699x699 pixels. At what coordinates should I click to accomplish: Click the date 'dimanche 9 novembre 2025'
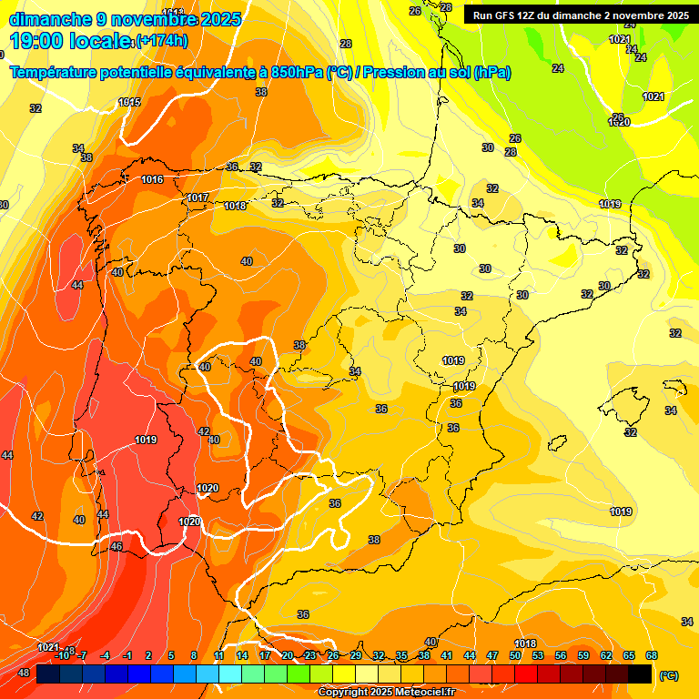(x=125, y=19)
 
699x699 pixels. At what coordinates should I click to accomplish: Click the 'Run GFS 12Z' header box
(x=580, y=15)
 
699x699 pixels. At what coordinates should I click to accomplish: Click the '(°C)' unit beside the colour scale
(x=668, y=675)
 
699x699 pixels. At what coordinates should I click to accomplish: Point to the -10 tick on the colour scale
(x=62, y=655)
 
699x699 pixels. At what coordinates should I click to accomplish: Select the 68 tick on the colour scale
(x=652, y=655)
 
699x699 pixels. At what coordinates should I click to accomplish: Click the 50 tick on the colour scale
(x=515, y=655)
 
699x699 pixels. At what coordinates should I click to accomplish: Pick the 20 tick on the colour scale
(x=288, y=655)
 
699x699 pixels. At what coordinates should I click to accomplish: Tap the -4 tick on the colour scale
(x=105, y=655)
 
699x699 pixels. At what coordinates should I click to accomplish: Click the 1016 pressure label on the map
(x=152, y=179)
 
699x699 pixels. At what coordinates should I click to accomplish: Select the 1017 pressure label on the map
(x=198, y=198)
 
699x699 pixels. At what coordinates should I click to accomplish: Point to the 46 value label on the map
(x=116, y=546)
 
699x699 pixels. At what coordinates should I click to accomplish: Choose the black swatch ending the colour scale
(x=640, y=674)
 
